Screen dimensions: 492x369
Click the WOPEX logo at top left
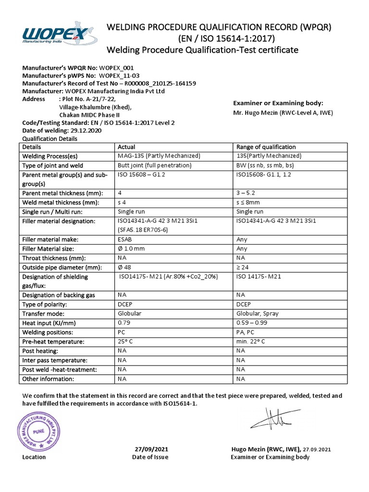(x=57, y=35)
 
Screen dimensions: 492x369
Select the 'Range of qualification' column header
(x=266, y=147)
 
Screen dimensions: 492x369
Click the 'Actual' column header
(x=126, y=147)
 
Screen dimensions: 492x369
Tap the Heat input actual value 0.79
(x=123, y=323)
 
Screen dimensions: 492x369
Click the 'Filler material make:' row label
(x=50, y=239)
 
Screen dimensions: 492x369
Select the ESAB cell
(x=125, y=239)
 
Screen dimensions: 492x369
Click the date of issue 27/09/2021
(x=150, y=449)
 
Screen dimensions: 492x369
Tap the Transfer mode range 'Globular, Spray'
(x=258, y=314)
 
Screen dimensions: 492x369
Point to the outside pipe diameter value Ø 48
(x=124, y=267)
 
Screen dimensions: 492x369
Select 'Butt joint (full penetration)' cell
(x=154, y=166)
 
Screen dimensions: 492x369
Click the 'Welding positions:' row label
(x=48, y=332)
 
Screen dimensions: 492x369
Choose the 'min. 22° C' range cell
(x=251, y=342)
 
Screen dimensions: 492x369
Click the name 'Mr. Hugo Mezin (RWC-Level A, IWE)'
(x=283, y=113)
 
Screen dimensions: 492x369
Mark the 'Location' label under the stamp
(x=34, y=457)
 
